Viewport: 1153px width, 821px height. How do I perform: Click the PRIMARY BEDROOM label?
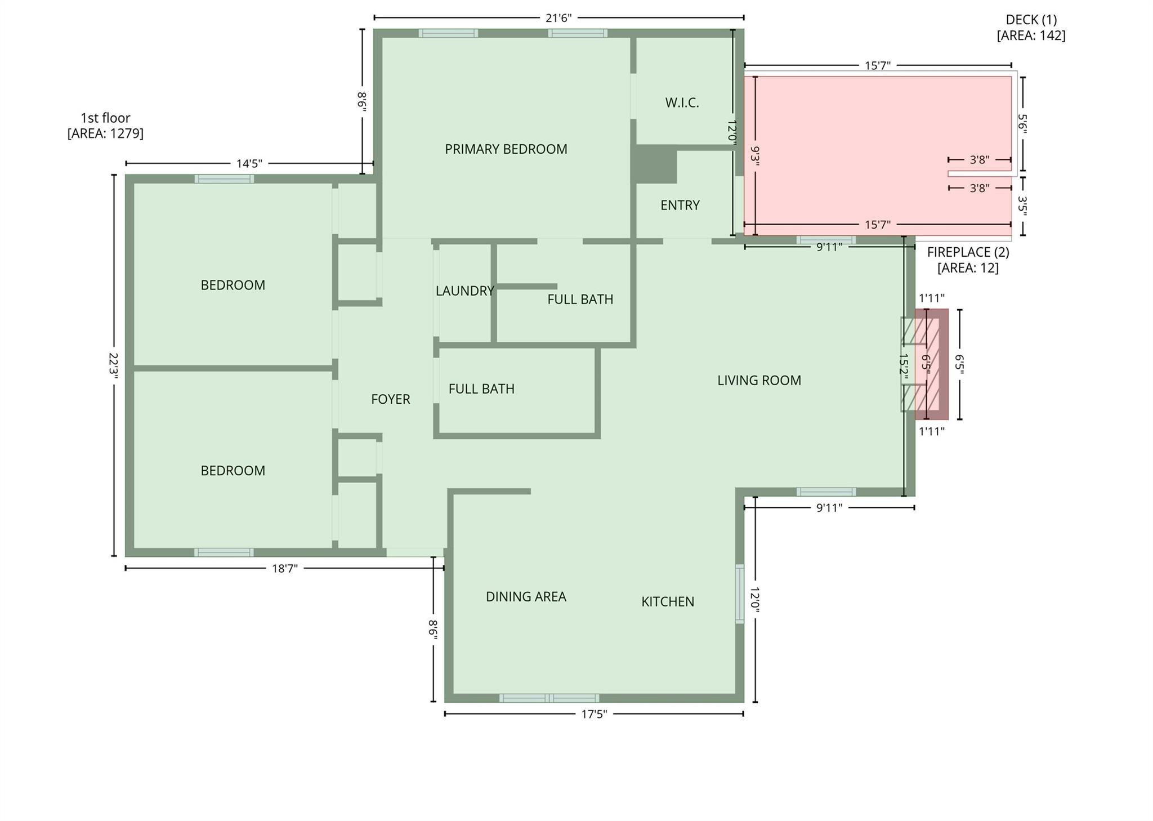(506, 149)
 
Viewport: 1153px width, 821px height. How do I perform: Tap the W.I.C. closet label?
(682, 103)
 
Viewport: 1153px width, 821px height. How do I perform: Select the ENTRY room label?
(680, 206)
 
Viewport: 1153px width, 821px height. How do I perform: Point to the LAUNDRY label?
(464, 291)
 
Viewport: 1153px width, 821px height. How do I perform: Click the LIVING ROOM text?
(758, 381)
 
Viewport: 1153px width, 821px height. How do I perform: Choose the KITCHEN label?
(667, 602)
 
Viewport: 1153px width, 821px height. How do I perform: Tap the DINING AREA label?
(525, 597)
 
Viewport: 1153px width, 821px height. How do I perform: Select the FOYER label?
(390, 400)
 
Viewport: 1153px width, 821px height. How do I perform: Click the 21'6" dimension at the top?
(558, 18)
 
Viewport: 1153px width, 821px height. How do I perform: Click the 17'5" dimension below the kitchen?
(593, 715)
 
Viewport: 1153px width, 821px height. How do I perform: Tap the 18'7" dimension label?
(284, 569)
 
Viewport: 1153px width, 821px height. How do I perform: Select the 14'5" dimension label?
(249, 164)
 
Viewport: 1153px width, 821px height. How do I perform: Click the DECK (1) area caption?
(1031, 28)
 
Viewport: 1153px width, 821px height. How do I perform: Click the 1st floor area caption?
(105, 126)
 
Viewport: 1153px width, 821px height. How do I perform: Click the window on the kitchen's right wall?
(739, 594)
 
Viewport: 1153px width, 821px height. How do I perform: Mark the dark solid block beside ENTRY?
(656, 164)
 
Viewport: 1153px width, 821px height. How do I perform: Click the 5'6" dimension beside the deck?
(1022, 124)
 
